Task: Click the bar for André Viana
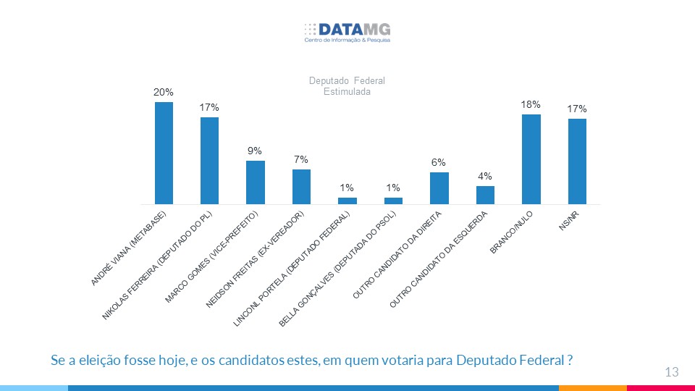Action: [164, 153]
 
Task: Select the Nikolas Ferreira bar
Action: [210, 161]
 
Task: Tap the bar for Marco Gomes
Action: [256, 182]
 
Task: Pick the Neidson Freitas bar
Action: [302, 187]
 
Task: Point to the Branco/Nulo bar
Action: [531, 159]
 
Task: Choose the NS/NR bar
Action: [577, 161]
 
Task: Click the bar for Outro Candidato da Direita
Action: [439, 188]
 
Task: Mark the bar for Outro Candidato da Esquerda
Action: [485, 195]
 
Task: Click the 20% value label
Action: [163, 93]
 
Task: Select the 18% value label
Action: [531, 105]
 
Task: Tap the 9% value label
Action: [255, 151]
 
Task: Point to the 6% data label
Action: [439, 163]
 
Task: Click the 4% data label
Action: [484, 176]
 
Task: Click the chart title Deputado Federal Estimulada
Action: [347, 86]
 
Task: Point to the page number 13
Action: [671, 372]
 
